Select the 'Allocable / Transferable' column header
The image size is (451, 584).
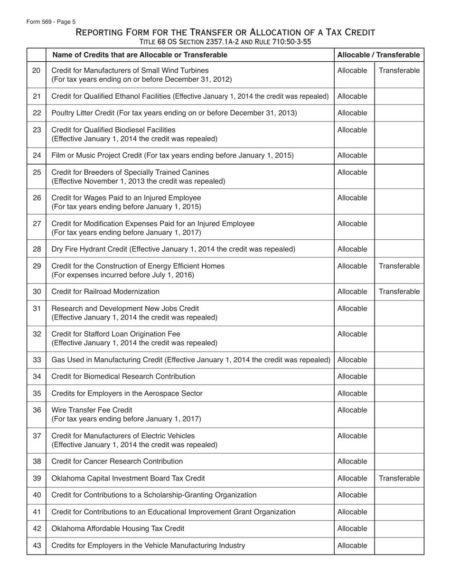(378, 55)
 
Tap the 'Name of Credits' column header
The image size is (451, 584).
(140, 55)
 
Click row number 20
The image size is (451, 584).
(37, 71)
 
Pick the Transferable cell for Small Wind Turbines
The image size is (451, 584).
(399, 71)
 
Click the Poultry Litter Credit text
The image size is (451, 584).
(174, 113)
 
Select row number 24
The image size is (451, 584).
(37, 155)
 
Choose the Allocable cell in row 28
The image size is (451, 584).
(352, 249)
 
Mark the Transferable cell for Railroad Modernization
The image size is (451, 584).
(399, 292)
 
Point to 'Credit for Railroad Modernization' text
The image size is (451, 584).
(105, 292)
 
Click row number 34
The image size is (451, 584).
(37, 377)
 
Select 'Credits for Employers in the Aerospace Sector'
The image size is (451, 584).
(127, 394)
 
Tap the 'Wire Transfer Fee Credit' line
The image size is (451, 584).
(92, 410)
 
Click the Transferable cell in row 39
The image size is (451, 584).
(399, 478)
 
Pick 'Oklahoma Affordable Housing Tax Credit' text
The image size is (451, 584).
(118, 528)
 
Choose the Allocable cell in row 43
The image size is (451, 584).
(352, 546)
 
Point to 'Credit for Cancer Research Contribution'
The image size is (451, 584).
(117, 462)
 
